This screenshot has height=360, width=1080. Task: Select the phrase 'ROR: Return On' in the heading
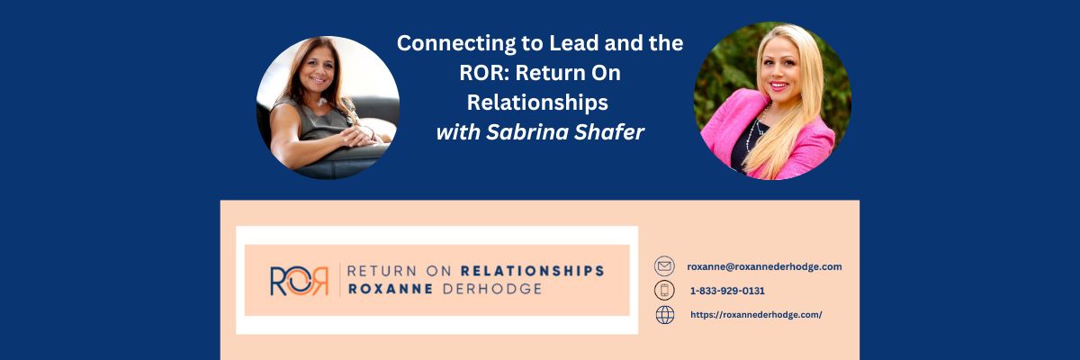pyautogui.click(x=540, y=72)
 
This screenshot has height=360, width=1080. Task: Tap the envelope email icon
pyautogui.click(x=664, y=266)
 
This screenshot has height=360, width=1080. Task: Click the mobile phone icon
pyautogui.click(x=664, y=291)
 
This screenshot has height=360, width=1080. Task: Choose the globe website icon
pyautogui.click(x=664, y=315)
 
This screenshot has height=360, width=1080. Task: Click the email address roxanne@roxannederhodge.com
pyautogui.click(x=764, y=266)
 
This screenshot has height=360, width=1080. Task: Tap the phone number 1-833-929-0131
pyautogui.click(x=728, y=291)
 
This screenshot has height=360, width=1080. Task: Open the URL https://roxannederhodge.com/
pyautogui.click(x=756, y=315)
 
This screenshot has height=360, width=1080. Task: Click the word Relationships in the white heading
pyautogui.click(x=540, y=102)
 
